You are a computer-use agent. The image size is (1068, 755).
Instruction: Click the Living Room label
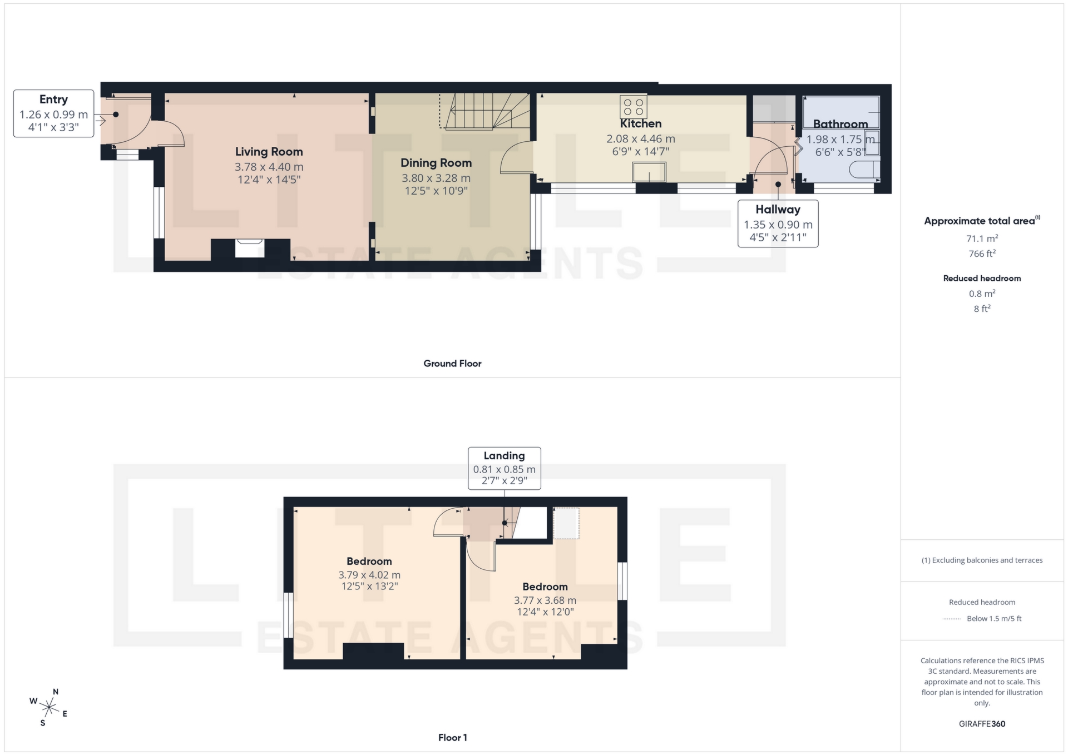[269, 152]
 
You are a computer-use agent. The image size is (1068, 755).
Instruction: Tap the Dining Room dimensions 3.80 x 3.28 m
[436, 178]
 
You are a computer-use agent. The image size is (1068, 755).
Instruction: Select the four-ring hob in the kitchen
[634, 107]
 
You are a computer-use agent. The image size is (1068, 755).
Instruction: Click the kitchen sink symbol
[649, 172]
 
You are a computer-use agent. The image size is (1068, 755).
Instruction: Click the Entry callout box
[53, 113]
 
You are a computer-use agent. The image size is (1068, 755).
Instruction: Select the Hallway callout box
[778, 223]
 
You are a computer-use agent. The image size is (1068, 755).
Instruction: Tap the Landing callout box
[504, 468]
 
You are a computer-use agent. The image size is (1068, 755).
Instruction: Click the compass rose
[50, 708]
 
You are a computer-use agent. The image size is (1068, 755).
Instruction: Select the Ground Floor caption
[452, 364]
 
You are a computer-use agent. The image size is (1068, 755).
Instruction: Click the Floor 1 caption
[452, 738]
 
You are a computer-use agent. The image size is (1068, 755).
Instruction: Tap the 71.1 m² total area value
[982, 239]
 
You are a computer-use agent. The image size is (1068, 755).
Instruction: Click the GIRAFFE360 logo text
[982, 724]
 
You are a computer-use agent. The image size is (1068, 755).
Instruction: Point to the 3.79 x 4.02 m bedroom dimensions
[369, 575]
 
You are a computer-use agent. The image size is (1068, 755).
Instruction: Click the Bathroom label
[840, 124]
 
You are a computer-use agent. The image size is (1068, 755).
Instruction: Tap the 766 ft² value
[982, 254]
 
